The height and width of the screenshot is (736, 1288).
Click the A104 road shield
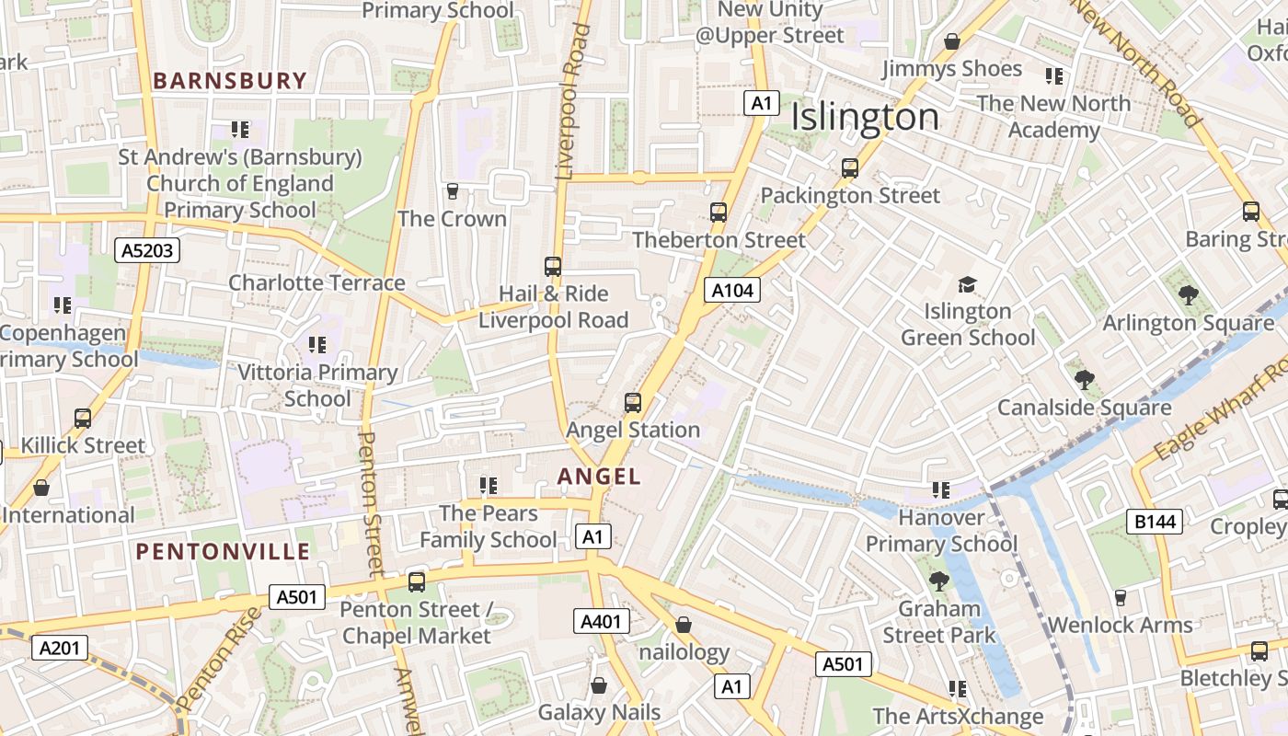733,291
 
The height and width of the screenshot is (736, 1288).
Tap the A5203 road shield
147,249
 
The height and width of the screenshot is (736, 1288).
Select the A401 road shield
602,621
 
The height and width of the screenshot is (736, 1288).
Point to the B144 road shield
1155,522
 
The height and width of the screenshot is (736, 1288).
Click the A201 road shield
60,648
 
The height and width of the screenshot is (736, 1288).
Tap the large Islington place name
865,118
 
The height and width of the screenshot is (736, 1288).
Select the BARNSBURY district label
229,81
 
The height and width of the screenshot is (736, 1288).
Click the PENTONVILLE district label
223,552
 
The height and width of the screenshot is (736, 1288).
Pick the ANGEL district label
599,476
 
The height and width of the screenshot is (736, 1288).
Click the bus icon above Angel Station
633,402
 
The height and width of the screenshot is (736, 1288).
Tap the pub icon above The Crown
452,191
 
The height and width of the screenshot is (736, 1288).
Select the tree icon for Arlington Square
1188,295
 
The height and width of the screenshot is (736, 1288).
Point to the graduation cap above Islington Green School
966,284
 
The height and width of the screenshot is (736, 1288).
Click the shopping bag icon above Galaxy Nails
599,685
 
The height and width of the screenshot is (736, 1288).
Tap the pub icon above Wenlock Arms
1120,598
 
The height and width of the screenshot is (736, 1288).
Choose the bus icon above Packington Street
850,168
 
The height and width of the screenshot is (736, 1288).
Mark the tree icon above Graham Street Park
938,581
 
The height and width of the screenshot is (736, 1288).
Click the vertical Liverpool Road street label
572,101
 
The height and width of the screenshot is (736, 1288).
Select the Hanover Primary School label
941,531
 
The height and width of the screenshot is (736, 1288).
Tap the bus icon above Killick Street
83,419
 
